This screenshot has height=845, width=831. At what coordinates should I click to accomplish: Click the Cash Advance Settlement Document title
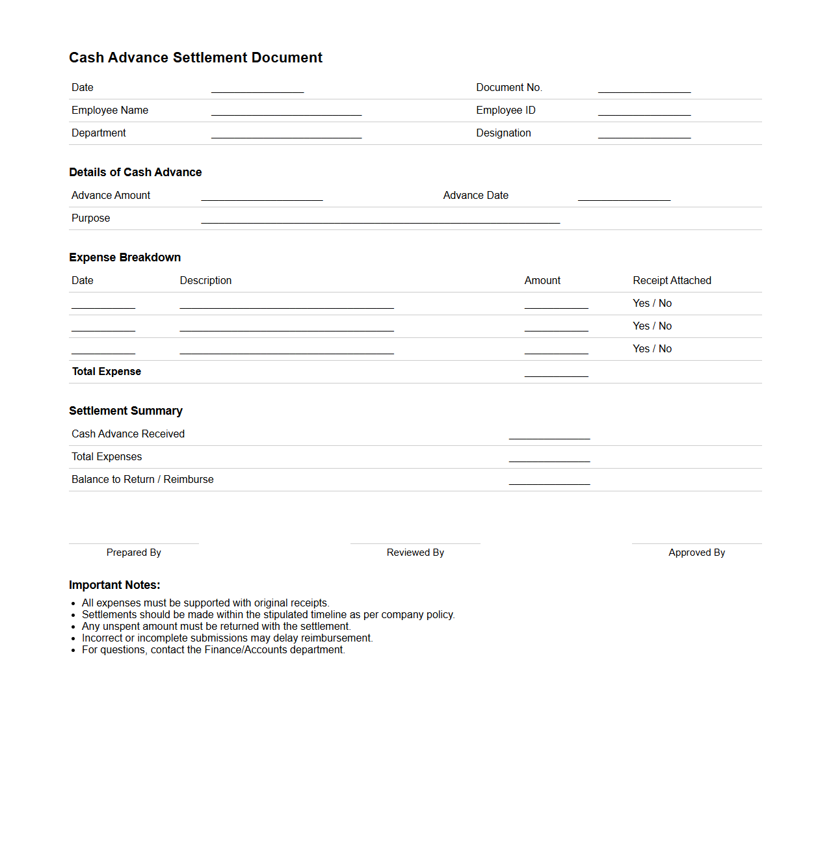(195, 58)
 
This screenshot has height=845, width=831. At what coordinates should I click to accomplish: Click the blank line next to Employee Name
(286, 112)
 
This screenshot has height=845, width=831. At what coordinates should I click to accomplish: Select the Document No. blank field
(644, 89)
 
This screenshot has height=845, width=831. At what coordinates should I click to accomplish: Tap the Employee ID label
(505, 110)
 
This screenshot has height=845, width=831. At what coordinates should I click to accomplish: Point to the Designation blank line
(644, 135)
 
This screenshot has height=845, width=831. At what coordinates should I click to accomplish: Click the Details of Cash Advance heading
(135, 172)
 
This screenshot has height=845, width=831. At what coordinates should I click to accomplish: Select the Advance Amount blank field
(261, 197)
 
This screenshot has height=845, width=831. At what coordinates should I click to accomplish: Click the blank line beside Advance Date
(624, 197)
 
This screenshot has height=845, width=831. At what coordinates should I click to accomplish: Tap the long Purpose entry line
(380, 220)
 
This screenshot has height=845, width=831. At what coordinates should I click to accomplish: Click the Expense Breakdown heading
(125, 257)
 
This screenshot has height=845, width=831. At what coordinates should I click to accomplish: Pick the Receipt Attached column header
(672, 281)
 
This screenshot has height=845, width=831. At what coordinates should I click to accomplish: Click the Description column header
(205, 281)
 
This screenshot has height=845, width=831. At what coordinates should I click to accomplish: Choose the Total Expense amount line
(556, 373)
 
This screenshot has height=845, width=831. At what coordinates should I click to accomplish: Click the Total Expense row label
(107, 372)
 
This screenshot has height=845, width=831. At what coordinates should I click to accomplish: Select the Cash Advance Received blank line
(549, 435)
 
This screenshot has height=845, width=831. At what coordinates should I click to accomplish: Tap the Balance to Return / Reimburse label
(142, 480)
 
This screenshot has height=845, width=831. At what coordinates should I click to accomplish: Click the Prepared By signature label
(133, 552)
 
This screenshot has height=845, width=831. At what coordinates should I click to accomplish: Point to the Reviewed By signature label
(415, 552)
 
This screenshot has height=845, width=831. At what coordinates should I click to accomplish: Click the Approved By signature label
(696, 552)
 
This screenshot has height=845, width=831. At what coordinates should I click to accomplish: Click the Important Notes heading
(114, 585)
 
